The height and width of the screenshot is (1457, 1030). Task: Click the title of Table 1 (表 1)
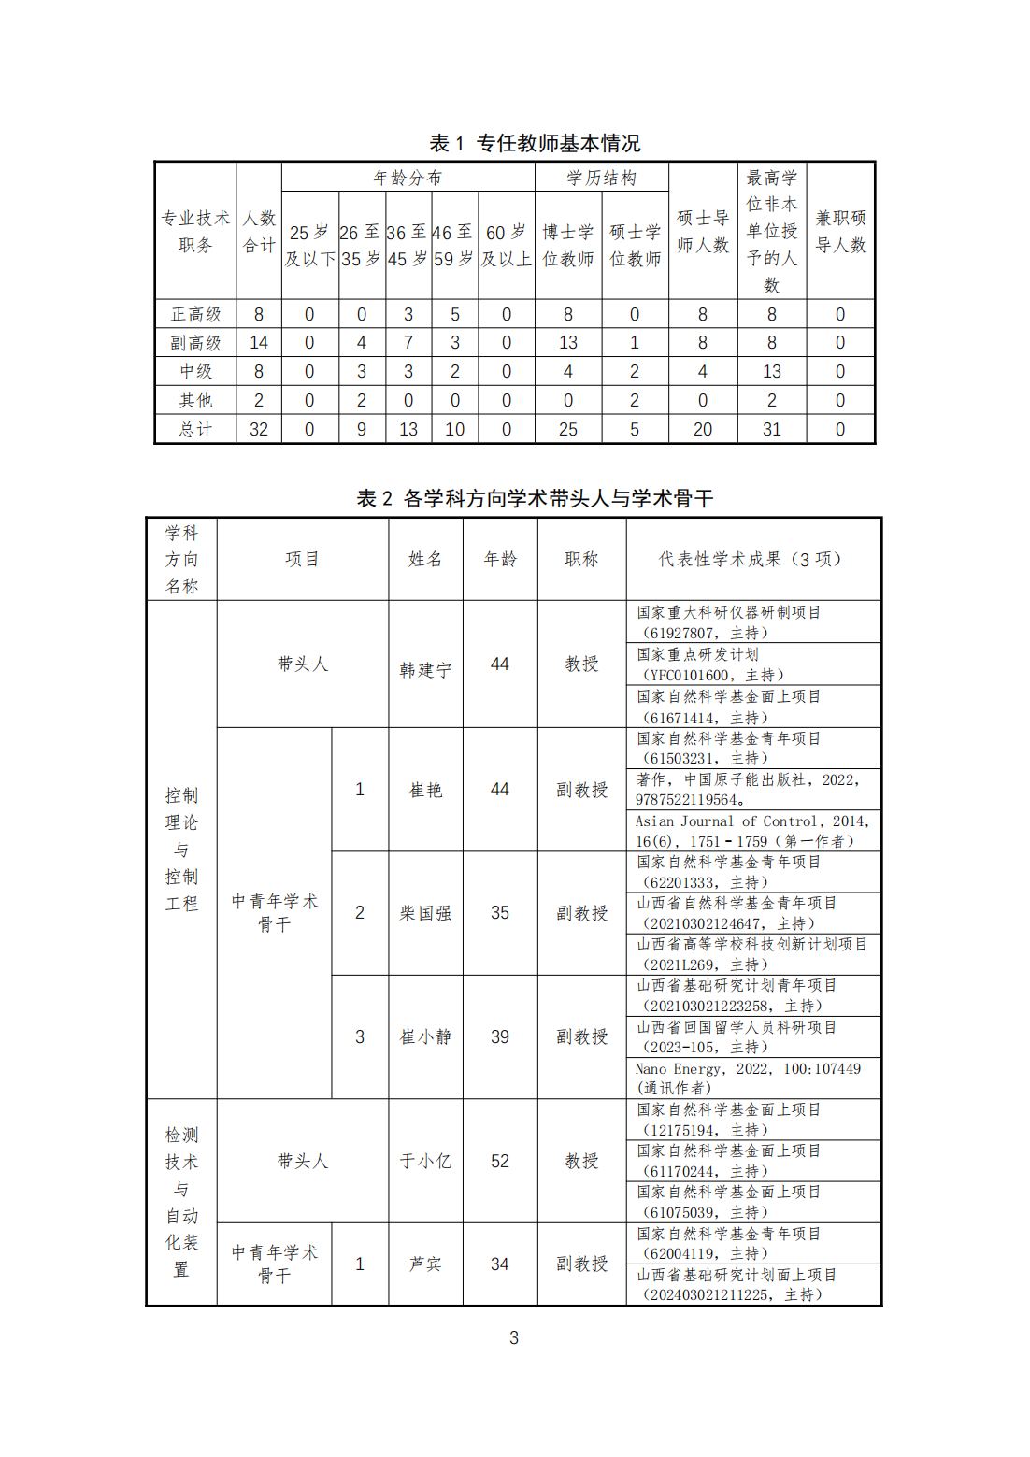[535, 143]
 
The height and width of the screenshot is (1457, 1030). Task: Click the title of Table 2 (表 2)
[535, 498]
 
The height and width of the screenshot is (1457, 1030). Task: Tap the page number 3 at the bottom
[514, 1337]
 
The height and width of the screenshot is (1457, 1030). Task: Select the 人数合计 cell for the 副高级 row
[259, 343]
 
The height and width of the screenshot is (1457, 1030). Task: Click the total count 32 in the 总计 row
[259, 429]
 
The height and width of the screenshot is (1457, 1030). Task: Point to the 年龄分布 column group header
[408, 178]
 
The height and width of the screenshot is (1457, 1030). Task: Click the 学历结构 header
[601, 178]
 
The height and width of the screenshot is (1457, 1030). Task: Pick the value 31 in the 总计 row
[771, 429]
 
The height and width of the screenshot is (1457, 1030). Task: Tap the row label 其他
[195, 400]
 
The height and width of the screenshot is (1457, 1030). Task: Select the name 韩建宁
[425, 670]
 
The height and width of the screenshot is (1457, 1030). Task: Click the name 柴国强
[425, 913]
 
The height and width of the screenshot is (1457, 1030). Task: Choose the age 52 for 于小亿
[500, 1161]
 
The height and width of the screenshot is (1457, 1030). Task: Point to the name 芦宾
[425, 1264]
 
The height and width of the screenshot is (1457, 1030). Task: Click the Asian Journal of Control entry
[752, 831]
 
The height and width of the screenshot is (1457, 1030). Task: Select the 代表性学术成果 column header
[752, 559]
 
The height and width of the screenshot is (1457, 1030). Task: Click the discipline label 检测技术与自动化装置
[181, 1202]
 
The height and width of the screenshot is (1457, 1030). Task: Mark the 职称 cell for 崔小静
[581, 1036]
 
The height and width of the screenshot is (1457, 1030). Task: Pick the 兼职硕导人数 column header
[840, 231]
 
